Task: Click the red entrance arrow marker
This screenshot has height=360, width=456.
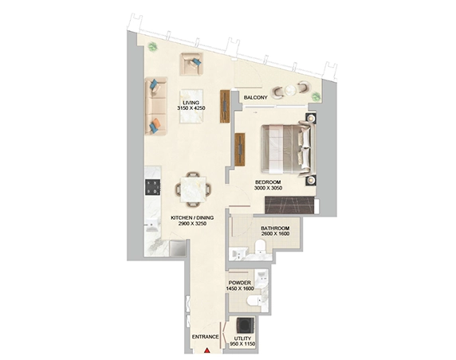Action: (206, 350)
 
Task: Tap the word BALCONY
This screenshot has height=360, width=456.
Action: (255, 98)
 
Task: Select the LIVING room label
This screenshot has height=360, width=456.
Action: (191, 103)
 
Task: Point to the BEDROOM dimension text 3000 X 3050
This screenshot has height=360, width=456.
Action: (268, 188)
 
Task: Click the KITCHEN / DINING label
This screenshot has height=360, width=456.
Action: (192, 217)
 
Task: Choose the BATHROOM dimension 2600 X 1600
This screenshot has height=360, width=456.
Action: (275, 233)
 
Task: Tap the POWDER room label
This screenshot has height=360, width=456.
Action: (240, 283)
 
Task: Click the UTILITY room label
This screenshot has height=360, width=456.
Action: (242, 338)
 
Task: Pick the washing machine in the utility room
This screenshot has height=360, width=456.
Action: (246, 325)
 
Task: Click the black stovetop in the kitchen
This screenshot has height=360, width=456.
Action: (153, 187)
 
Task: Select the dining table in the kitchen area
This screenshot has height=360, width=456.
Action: (193, 190)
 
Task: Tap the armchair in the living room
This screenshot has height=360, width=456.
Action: (191, 64)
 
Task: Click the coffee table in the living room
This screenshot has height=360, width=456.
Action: (191, 107)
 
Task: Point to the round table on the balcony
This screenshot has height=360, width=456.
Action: (290, 90)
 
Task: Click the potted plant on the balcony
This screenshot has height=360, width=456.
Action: (315, 96)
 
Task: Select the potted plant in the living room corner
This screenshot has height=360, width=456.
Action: (152, 46)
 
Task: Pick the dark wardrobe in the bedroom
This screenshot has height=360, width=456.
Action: (289, 205)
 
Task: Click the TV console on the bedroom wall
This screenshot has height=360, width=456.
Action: (240, 150)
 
